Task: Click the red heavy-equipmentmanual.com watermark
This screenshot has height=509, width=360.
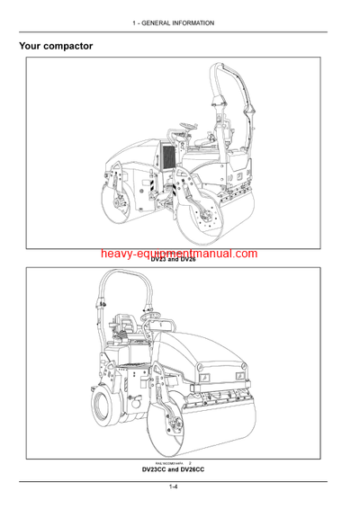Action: (x=180, y=256)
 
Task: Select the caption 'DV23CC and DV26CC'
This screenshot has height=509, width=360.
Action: (x=180, y=470)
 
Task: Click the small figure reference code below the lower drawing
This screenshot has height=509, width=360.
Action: (x=167, y=462)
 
